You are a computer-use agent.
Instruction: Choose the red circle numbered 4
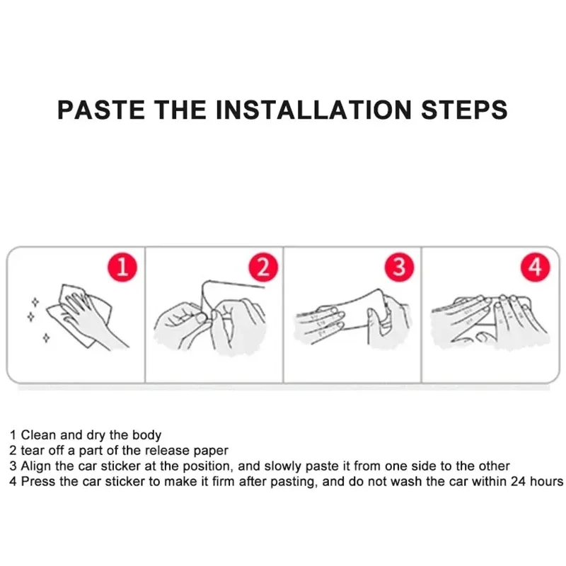536,267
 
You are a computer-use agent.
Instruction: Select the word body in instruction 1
146,435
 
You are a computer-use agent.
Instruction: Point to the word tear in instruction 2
32,451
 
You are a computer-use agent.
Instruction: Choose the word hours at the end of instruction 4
547,482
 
